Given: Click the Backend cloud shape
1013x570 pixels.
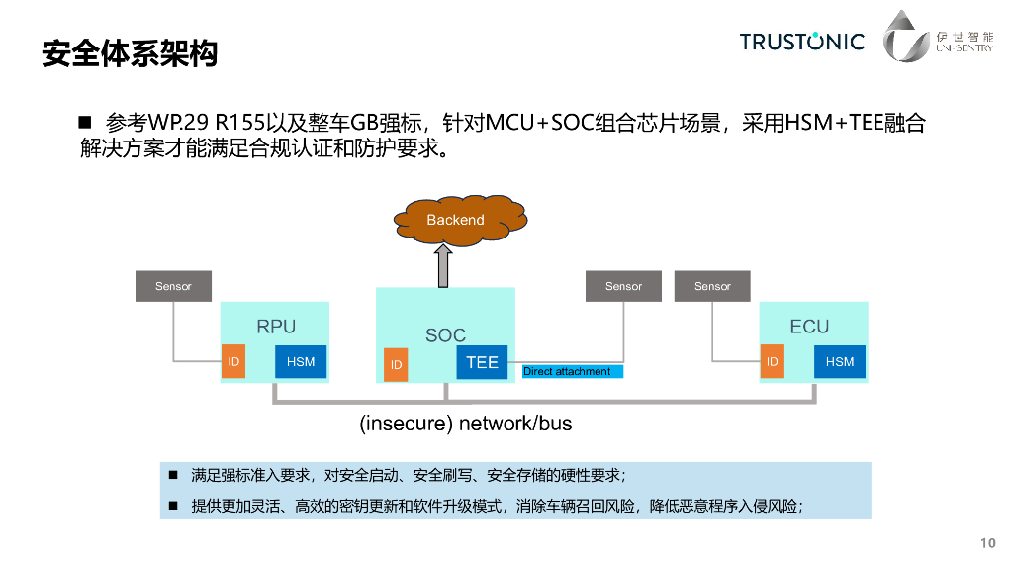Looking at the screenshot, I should point(456,219).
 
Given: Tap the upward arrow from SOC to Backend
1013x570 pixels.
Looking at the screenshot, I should point(444,264).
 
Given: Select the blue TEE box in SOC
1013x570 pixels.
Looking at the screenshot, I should point(482,363).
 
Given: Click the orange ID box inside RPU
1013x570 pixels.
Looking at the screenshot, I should point(233,362).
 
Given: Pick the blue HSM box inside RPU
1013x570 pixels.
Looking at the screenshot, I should point(301,362).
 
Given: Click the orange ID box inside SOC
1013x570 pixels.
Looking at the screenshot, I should point(396,365).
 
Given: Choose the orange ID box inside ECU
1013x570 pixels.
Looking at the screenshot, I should point(772,362).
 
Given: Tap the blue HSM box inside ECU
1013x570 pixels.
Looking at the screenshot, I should point(839,362).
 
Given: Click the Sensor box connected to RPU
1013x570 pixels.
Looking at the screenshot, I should point(173,286).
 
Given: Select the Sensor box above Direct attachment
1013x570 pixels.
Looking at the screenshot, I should point(623,286).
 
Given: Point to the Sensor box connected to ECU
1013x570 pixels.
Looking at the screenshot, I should point(712,286).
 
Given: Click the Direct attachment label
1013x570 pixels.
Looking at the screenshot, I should point(568,371).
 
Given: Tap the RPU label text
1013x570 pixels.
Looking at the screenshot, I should point(276,327).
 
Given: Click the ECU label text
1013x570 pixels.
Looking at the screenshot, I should point(809,327).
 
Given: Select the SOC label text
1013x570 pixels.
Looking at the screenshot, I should point(445,335).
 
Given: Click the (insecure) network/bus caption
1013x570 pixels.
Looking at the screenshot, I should point(465,424).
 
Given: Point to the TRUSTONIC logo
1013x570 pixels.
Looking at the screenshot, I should point(801,42).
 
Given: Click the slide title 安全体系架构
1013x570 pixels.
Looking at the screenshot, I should point(130,53).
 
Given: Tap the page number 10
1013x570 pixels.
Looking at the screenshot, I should point(987,543).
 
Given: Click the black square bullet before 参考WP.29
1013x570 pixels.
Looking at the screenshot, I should point(85,124).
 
